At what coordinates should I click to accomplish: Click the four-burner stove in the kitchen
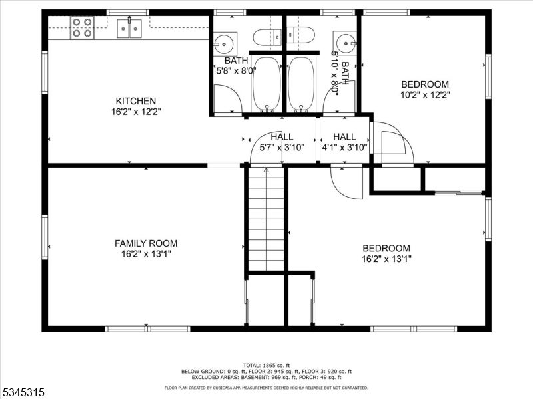(x=82, y=27)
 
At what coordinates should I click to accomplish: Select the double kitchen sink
(x=129, y=29)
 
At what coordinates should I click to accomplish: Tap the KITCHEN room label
(x=136, y=101)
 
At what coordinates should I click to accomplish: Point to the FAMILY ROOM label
(x=146, y=243)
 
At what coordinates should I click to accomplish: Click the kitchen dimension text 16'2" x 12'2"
(x=136, y=112)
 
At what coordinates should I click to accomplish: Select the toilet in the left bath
(x=268, y=37)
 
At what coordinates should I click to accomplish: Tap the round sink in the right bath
(x=346, y=43)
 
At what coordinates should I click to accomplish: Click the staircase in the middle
(x=266, y=219)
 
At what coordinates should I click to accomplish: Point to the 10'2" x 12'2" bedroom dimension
(x=425, y=95)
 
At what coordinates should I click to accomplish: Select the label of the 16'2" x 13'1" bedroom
(x=386, y=248)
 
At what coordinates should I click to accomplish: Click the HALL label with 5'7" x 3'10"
(x=282, y=137)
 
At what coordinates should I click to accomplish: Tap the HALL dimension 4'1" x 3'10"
(x=344, y=147)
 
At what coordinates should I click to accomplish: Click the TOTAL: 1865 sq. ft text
(x=266, y=365)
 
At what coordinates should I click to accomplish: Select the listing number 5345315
(x=23, y=392)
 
